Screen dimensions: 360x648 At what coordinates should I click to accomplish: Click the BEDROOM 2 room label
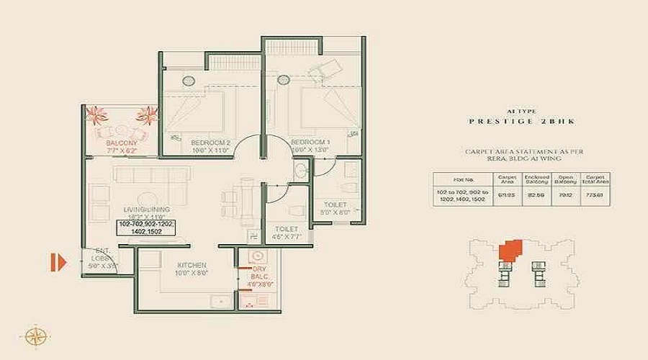210,143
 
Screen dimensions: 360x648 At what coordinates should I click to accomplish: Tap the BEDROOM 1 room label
310,143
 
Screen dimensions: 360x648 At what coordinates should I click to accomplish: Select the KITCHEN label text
192,265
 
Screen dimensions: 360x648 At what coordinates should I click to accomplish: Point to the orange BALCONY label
121,143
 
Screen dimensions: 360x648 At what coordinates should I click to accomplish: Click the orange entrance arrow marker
58,261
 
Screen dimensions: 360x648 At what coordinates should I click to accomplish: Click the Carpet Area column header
507,179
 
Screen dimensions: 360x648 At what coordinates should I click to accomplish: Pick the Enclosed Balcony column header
537,179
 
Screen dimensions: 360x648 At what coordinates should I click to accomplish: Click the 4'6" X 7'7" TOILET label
285,233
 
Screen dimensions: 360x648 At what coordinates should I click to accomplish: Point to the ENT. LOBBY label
95,259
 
